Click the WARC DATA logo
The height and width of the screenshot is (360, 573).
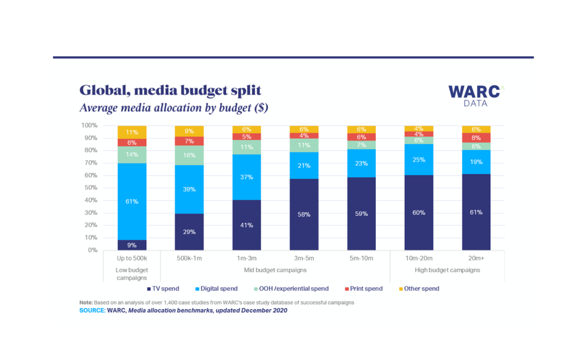coord(474,95)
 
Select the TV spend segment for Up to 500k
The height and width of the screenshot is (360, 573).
coord(132,245)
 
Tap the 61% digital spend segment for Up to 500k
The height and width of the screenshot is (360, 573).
coord(132,201)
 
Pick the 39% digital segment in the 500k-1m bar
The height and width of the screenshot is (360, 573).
coord(189,189)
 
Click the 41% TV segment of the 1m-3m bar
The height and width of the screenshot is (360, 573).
coord(247,225)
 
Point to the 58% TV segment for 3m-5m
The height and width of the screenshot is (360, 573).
coord(304,214)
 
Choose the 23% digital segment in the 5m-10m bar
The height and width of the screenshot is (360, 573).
coord(361,163)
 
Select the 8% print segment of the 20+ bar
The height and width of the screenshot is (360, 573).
coord(476,137)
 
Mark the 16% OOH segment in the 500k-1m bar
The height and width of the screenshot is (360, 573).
coord(189,155)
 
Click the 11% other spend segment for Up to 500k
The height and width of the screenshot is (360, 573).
coord(132,132)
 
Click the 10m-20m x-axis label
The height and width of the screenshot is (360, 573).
coord(419,259)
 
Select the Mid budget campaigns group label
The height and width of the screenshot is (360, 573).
coord(276,270)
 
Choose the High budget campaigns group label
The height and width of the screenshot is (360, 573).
coord(448,270)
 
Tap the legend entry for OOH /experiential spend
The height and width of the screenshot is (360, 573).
coord(291,289)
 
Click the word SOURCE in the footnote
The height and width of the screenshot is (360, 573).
coord(92,310)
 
